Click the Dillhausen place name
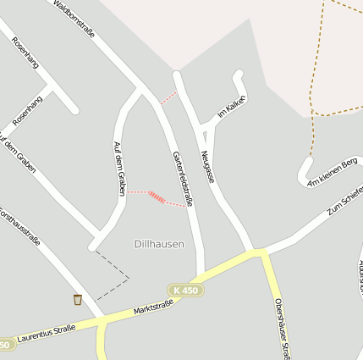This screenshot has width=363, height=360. [x=159, y=244]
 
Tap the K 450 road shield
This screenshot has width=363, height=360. [x=186, y=291]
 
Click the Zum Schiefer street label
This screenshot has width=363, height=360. [x=346, y=200]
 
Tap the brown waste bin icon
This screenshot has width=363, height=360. [x=78, y=299]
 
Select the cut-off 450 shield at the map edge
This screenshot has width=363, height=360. [x=6, y=344]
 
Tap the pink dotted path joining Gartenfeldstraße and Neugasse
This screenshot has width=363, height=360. [x=168, y=97]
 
